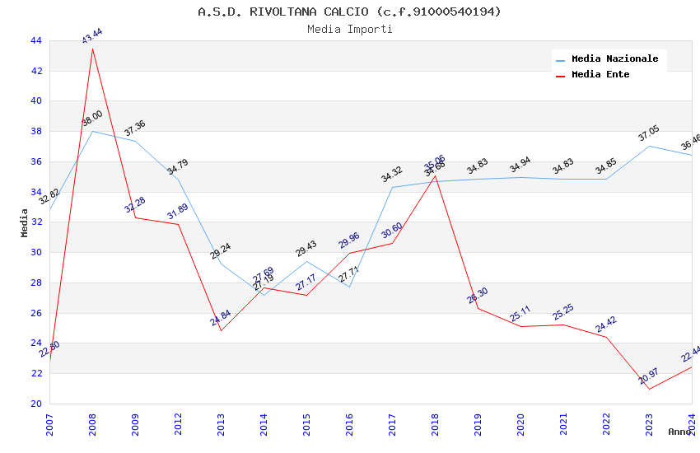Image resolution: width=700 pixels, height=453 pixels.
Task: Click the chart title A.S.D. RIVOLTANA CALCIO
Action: coord(349,12)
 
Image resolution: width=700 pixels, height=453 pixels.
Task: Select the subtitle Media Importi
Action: coord(349,29)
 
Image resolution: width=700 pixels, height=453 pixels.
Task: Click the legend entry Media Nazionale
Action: coord(614,58)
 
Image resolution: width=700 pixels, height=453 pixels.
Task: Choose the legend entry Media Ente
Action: coord(600,74)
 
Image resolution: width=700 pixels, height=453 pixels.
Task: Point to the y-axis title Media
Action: coord(25,222)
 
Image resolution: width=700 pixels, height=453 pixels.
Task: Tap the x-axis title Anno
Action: coord(679,432)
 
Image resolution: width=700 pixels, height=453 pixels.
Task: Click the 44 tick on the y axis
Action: coord(35,40)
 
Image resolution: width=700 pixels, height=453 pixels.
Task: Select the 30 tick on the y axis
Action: coord(35,253)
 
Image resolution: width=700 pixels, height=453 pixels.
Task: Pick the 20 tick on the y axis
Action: coord(35,404)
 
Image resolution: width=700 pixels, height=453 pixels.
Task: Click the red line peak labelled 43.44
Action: coord(92,49)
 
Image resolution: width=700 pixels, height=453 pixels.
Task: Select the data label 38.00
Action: coord(91,119)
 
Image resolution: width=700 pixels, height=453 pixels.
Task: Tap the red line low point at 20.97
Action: coord(649,389)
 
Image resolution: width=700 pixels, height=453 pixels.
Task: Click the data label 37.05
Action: coord(649,133)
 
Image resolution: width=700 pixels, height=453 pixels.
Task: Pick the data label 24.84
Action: coord(221,318)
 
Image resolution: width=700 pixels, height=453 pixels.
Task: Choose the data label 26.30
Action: coord(478,296)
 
